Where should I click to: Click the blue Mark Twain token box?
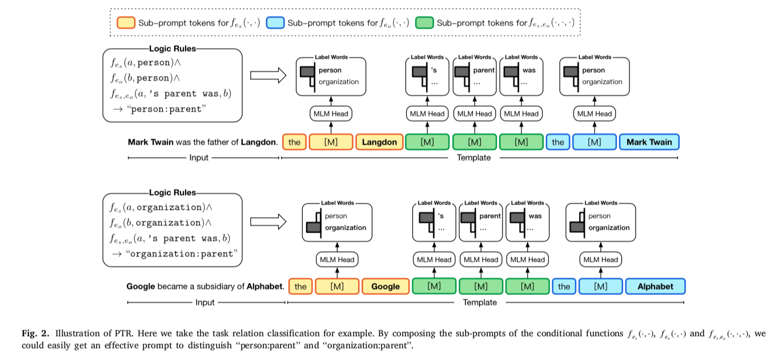(649, 142)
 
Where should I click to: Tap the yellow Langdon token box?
(380, 142)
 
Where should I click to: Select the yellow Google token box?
(385, 286)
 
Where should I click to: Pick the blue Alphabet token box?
(655, 286)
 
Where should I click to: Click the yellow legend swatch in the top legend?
(125, 23)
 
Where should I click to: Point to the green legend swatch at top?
(424, 23)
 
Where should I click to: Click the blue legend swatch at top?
(275, 23)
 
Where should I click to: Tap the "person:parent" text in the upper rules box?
(166, 109)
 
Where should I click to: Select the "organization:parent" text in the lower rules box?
(181, 254)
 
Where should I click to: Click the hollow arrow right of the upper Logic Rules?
(267, 75)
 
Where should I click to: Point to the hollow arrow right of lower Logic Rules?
(267, 221)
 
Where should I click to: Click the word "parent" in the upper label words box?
(484, 70)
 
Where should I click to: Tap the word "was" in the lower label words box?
(535, 216)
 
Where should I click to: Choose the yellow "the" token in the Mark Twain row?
(294, 142)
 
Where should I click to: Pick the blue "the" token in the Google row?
(564, 286)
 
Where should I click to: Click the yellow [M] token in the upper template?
(331, 142)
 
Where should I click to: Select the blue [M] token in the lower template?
(600, 286)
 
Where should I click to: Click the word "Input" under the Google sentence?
(205, 302)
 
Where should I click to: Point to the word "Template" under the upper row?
(473, 158)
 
